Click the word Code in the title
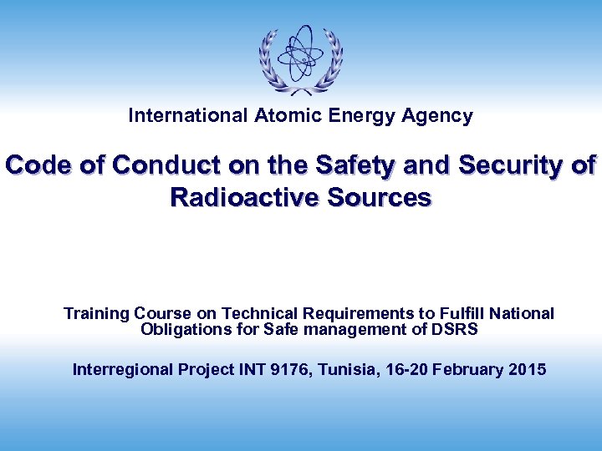(38, 165)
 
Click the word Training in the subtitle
(96, 314)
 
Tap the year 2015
(527, 369)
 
